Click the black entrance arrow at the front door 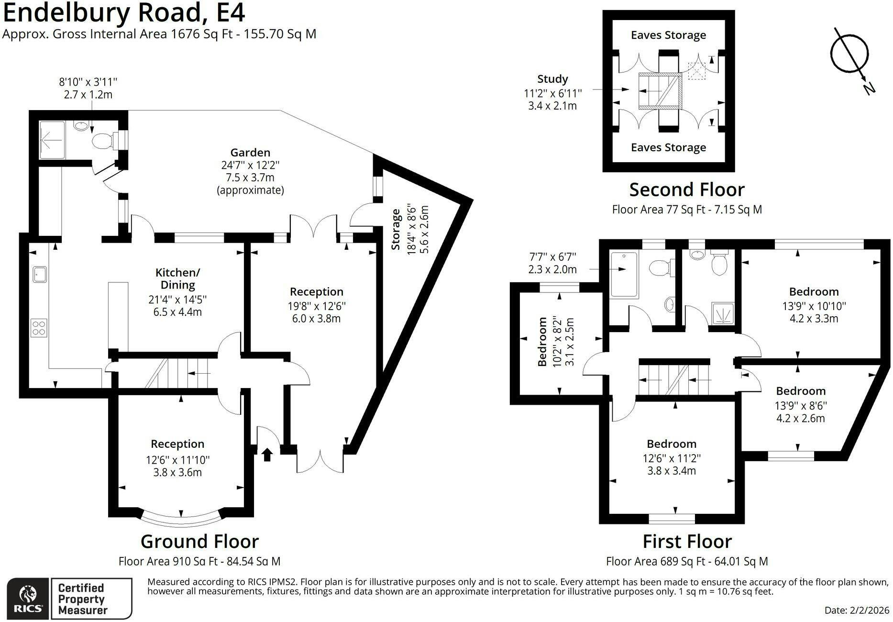coord(267,455)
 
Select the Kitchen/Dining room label coord(177,278)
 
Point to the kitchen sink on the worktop coord(39,274)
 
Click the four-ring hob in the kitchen coord(39,328)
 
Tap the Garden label coord(250,153)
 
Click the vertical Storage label coord(396,229)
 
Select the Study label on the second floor coord(552,79)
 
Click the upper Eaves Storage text coord(668,35)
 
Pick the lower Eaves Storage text coord(668,147)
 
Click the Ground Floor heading coord(200,541)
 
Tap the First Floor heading coord(687,541)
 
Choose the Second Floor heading coord(687,189)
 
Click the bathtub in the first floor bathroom coord(624,275)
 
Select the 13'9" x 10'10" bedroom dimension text coord(814,306)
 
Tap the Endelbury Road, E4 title coord(124,12)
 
